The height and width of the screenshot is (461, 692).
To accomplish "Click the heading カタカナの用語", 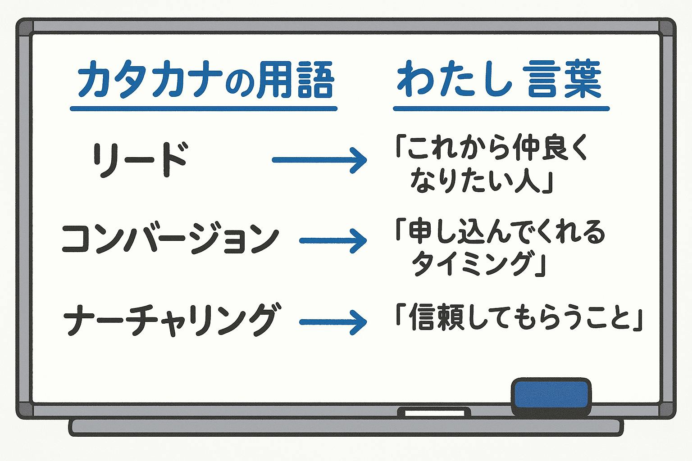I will pyautogui.click(x=205, y=82).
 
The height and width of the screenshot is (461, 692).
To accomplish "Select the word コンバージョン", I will pyautogui.click(x=170, y=239).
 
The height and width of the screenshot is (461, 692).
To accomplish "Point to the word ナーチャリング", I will pyautogui.click(x=170, y=320).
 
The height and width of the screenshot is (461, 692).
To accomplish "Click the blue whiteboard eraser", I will pyautogui.click(x=551, y=396).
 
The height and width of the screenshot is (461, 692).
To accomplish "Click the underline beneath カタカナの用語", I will pyautogui.click(x=204, y=108).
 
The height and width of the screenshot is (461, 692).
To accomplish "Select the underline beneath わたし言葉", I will pyautogui.click(x=501, y=108).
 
